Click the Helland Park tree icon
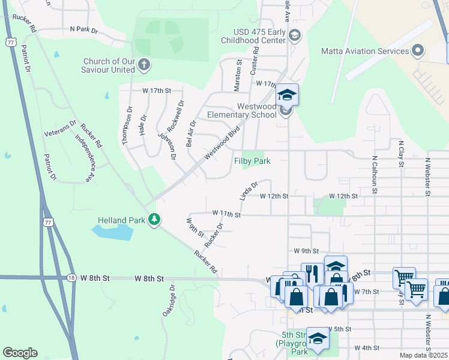155,220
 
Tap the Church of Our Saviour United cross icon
143,64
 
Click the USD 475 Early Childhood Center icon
294,36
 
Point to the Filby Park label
252,161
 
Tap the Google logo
20,353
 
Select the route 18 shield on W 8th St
71,278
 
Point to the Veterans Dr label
61,129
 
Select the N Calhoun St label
374,176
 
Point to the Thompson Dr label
126,125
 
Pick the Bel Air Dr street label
191,131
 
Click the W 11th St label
226,214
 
